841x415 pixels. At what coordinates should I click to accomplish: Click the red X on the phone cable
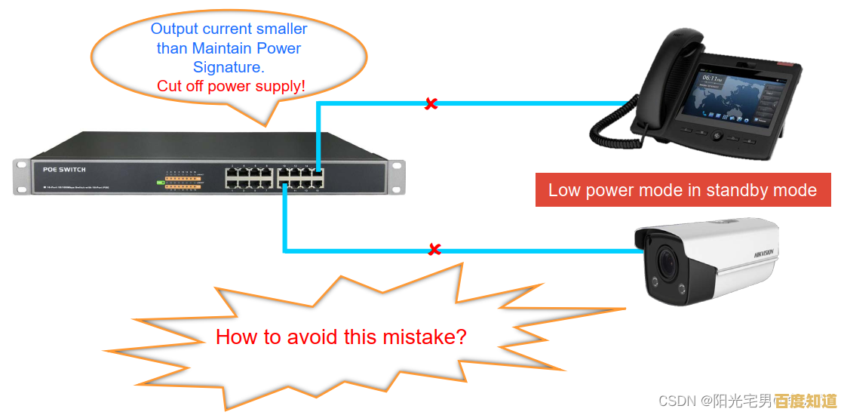pyautogui.click(x=431, y=103)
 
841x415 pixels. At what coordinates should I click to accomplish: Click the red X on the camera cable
pyautogui.click(x=434, y=249)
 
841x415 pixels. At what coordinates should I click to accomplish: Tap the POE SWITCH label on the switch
pyautogui.click(x=65, y=170)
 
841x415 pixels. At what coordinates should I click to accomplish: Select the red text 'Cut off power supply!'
pyautogui.click(x=231, y=86)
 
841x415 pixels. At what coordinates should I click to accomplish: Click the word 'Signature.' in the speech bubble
pyautogui.click(x=229, y=67)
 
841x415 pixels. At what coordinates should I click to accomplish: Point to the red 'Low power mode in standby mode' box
pyautogui.click(x=683, y=190)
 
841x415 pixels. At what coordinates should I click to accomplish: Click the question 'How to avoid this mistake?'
pyautogui.click(x=341, y=337)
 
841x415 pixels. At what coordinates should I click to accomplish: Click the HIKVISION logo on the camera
pyautogui.click(x=763, y=253)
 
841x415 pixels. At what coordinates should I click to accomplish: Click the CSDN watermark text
pyautogui.click(x=676, y=401)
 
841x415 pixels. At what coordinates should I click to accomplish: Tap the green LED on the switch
pyautogui.click(x=160, y=183)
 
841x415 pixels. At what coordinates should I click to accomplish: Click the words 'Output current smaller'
pyautogui.click(x=229, y=29)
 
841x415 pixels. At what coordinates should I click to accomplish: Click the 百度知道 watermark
pyautogui.click(x=806, y=401)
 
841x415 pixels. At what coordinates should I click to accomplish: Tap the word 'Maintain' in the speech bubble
pyautogui.click(x=221, y=48)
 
